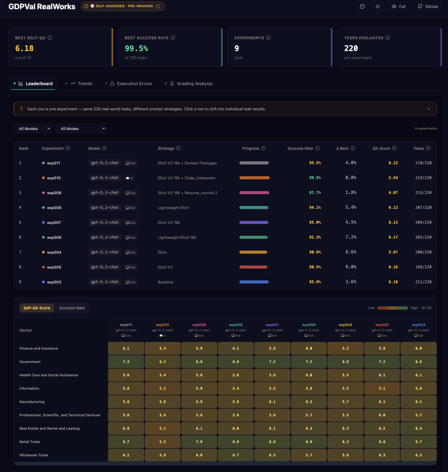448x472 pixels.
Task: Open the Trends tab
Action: (x=81, y=84)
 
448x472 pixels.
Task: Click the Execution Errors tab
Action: (x=131, y=84)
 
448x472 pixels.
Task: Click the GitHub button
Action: (x=428, y=6)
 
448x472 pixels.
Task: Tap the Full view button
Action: (x=398, y=6)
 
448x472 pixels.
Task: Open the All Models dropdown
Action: (x=33, y=129)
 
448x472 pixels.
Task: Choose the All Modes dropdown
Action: (x=81, y=129)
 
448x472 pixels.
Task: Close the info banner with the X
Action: (x=428, y=109)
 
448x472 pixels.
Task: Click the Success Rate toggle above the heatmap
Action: (x=72, y=308)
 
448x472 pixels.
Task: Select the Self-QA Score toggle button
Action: (x=37, y=308)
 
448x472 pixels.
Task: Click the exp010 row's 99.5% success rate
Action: (x=315, y=178)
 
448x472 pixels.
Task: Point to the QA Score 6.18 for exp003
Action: (x=393, y=282)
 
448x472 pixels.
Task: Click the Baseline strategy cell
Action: (x=165, y=282)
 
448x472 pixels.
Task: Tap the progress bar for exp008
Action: (x=254, y=193)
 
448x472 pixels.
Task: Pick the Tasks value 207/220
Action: (x=423, y=208)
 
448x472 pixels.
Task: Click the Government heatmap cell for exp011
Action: (x=126, y=362)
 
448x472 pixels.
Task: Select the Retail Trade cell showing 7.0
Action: (x=199, y=442)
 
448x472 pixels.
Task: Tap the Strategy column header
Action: (x=166, y=148)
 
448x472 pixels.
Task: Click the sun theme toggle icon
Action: (x=378, y=6)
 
